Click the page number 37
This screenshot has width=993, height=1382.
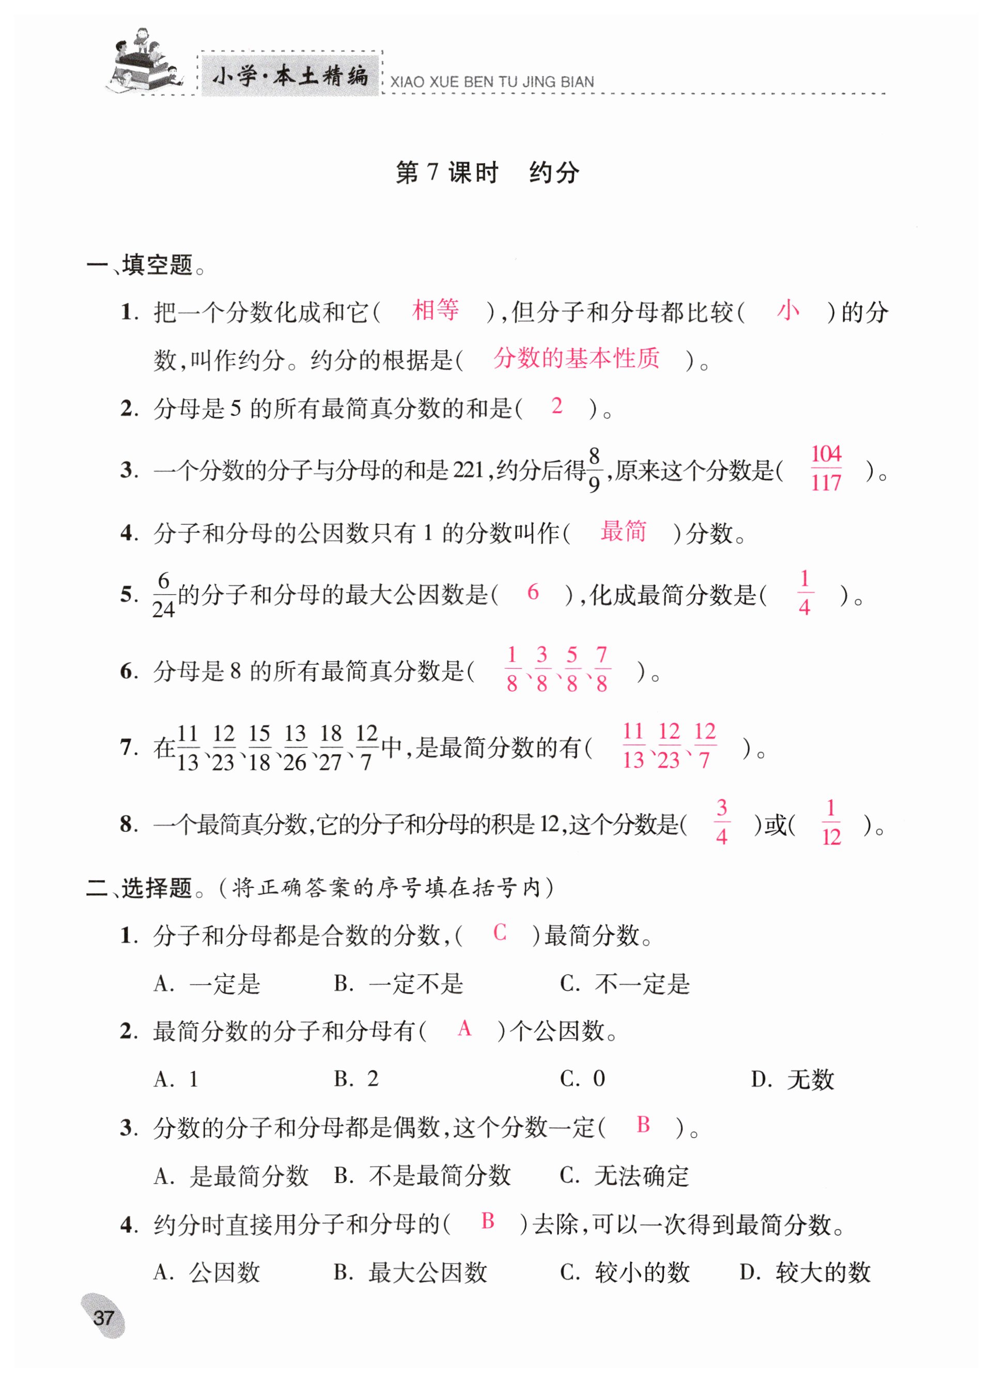[x=103, y=1317]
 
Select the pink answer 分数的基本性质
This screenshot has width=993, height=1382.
[x=576, y=359]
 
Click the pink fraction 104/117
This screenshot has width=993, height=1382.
[x=826, y=469]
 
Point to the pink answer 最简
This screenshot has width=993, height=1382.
[x=623, y=531]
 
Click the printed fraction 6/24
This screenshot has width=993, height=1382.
[x=163, y=595]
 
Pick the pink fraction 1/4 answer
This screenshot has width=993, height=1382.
[x=804, y=592]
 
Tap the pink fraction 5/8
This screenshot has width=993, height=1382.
[x=571, y=669]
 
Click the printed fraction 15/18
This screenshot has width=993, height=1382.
[x=259, y=747]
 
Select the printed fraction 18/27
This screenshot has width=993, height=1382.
[x=331, y=747]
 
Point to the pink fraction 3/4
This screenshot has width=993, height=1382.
[x=721, y=822]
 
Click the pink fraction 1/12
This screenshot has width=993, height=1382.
[x=831, y=822]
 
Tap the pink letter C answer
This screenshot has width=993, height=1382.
[x=500, y=933]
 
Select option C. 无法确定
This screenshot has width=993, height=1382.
[x=625, y=1176]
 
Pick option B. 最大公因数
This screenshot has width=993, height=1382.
[x=411, y=1272]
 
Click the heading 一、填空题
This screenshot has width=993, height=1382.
[x=146, y=266]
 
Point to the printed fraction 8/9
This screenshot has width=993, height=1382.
[x=594, y=470]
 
